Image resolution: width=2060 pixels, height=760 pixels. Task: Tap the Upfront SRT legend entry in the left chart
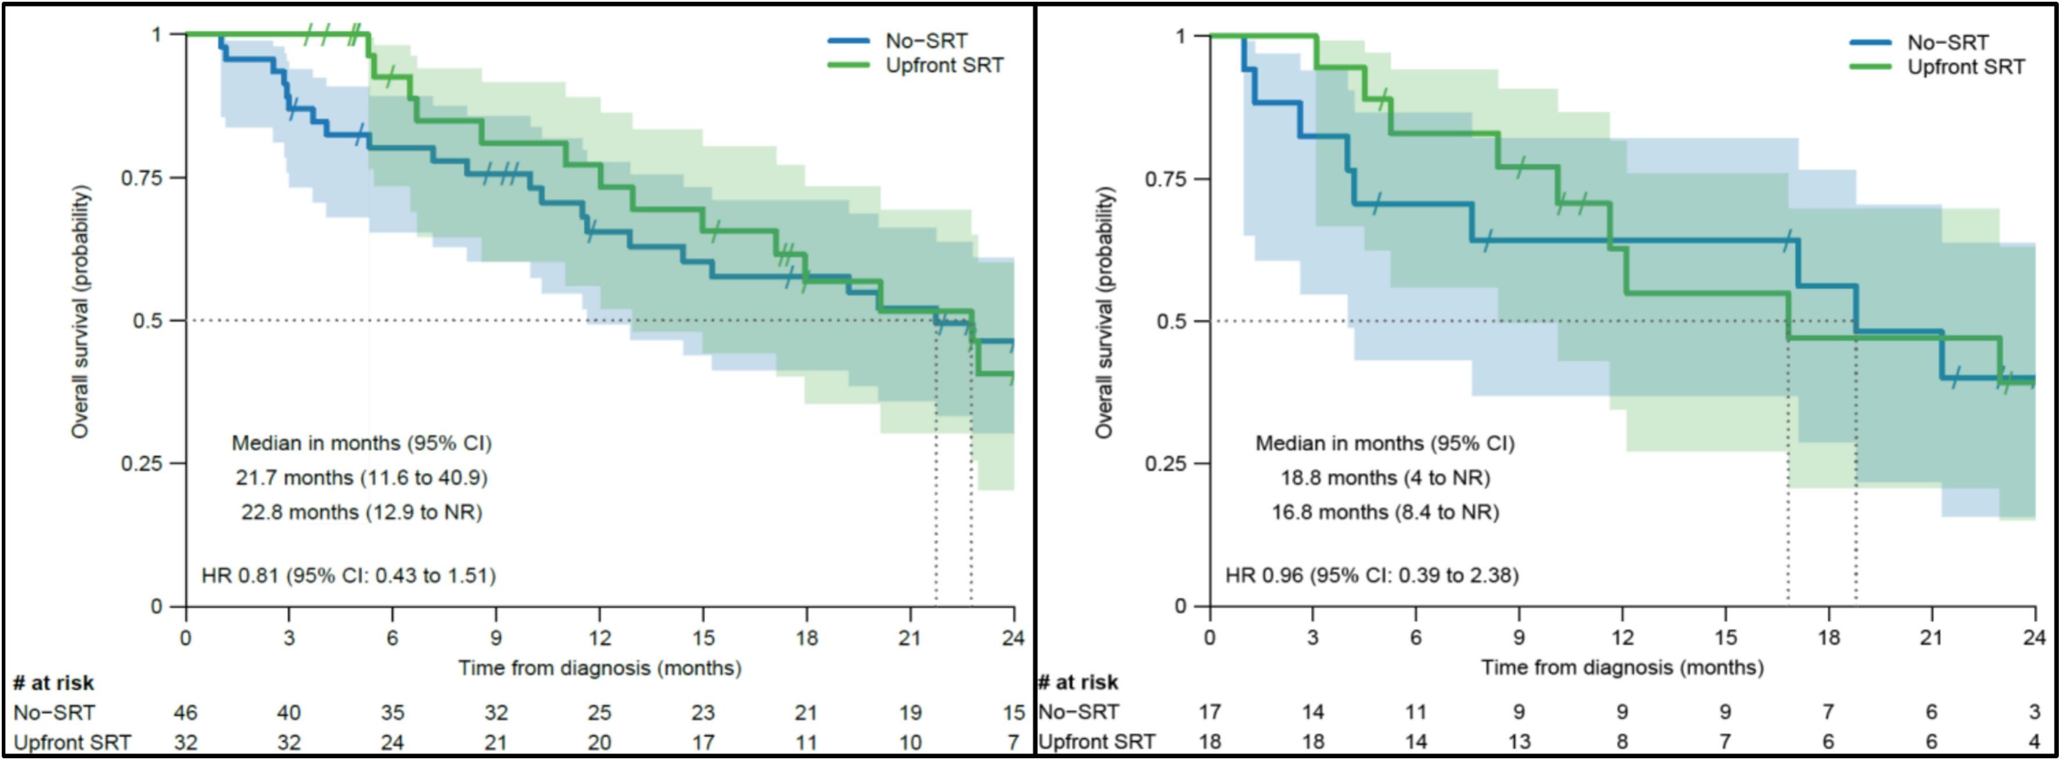944,66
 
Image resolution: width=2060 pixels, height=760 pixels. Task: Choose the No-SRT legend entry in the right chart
1947,42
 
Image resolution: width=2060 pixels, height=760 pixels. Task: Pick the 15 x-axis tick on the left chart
703,637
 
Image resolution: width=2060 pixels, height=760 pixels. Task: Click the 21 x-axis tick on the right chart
1931,637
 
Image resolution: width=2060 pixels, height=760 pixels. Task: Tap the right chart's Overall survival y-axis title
1105,312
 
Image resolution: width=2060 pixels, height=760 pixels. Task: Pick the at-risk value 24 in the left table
392,743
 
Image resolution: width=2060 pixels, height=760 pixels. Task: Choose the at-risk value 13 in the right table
1518,741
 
